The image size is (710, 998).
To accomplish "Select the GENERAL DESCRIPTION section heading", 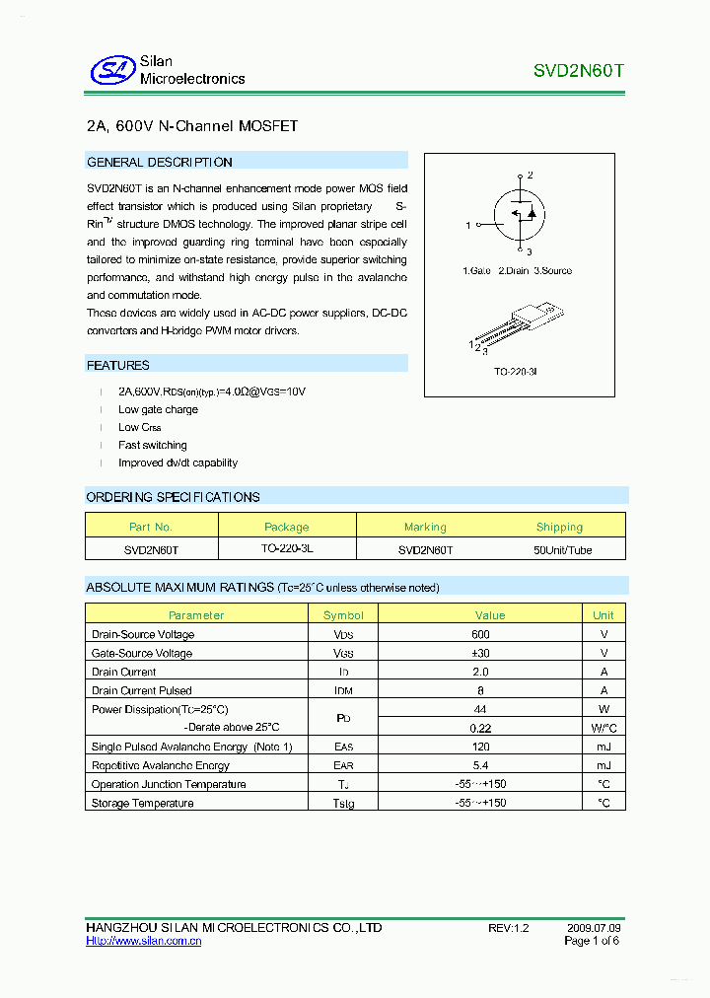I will [160, 163].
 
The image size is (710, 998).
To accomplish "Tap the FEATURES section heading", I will [118, 366].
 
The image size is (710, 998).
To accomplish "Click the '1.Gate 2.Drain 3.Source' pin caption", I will [517, 271].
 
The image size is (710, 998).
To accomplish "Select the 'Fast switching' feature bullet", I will [152, 446].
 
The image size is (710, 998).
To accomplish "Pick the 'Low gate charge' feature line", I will [158, 410].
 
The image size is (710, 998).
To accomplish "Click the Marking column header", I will [425, 528].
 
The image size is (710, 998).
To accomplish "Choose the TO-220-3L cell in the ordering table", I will [287, 549].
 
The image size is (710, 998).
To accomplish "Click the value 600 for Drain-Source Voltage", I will [480, 635].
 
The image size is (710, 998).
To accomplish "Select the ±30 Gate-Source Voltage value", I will [480, 654].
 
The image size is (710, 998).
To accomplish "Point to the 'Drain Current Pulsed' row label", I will [141, 691].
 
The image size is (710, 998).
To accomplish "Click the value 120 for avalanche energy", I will [480, 748].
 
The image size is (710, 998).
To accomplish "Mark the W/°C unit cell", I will [603, 728].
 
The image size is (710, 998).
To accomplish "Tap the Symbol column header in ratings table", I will [343, 615].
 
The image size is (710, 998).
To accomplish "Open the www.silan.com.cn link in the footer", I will [144, 942].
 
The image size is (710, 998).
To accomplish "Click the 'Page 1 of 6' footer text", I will [591, 942].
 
